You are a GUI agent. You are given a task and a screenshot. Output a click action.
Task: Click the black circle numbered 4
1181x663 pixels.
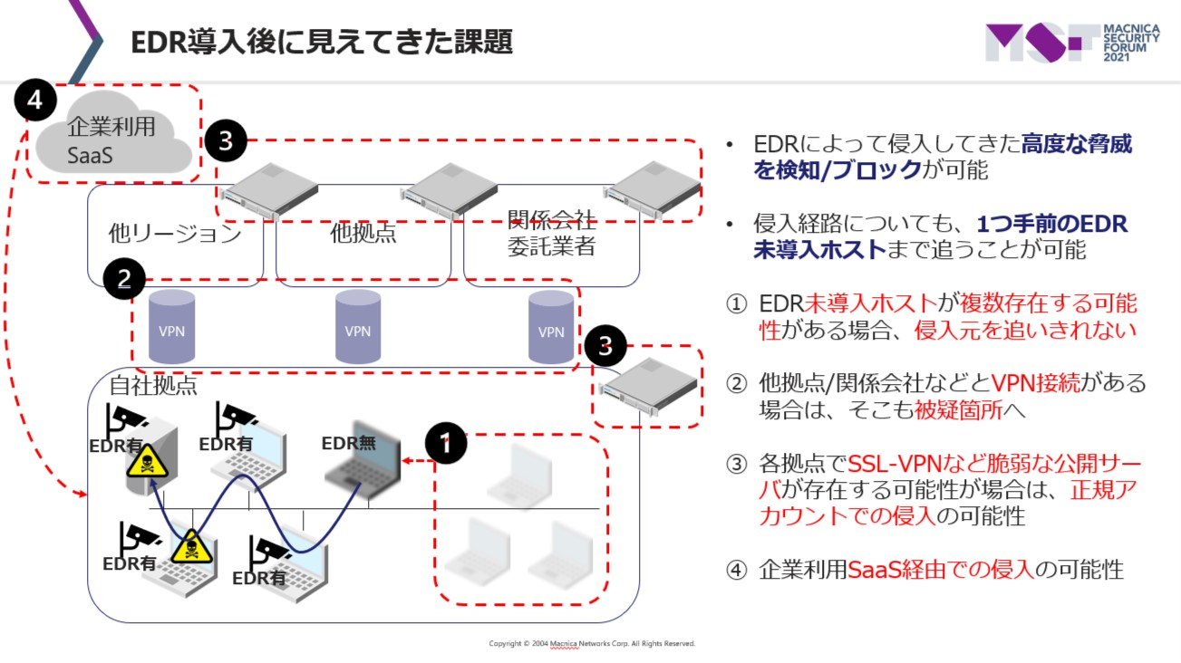[x=35, y=102]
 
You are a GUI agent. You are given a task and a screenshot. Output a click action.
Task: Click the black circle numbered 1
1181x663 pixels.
[x=445, y=445]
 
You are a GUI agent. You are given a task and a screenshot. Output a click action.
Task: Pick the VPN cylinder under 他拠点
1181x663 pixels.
[x=358, y=328]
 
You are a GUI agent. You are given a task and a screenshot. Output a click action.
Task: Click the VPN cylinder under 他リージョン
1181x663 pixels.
[x=171, y=328]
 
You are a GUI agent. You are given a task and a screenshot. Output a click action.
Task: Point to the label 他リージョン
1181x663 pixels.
[x=175, y=234]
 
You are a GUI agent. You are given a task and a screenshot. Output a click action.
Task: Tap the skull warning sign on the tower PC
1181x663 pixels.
[x=141, y=464]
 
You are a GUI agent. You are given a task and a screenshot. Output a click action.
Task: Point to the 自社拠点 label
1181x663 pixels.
[x=152, y=385]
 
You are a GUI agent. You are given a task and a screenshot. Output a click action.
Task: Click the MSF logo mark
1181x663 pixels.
[x=1039, y=43]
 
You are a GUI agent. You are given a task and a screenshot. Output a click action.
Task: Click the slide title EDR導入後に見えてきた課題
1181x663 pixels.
[x=322, y=41]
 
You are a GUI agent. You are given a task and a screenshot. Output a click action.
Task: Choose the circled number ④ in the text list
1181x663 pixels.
[x=737, y=569]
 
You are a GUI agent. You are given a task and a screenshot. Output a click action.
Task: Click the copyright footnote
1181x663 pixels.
[x=592, y=643]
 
